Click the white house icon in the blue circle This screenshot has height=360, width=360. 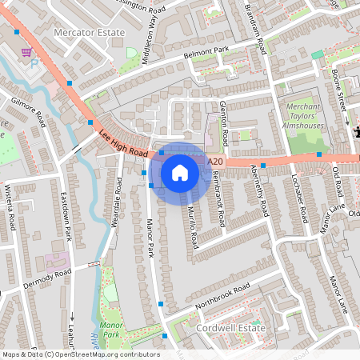click(x=180, y=172)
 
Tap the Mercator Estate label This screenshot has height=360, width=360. click(x=88, y=32)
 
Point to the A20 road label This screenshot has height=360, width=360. click(x=214, y=162)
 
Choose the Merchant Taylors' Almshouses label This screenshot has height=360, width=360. click(x=304, y=117)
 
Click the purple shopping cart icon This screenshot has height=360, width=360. click(x=26, y=52)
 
